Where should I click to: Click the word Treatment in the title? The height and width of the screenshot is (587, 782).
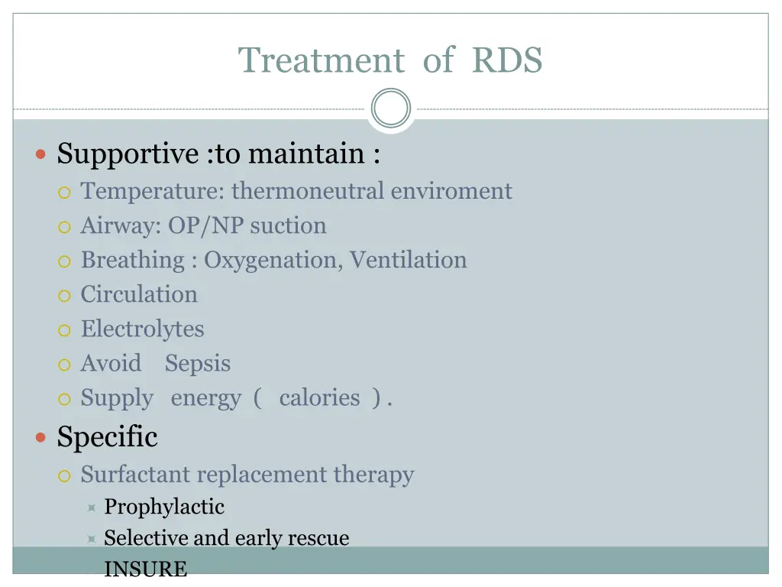pos(322,60)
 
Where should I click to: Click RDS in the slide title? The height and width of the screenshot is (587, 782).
pos(507,60)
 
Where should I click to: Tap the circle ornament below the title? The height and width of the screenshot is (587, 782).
pos(391,109)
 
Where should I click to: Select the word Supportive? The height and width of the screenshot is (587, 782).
pos(128,154)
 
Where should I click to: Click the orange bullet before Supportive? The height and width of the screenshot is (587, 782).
pos(41,154)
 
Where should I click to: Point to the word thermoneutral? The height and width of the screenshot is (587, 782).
pos(309,190)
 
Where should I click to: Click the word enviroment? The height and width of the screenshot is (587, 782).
pos(451,190)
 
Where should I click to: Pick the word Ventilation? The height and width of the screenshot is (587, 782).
pos(409,260)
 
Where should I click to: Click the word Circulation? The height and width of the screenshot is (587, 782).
pos(139,294)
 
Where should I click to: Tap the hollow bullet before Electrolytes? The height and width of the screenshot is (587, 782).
pos(65,330)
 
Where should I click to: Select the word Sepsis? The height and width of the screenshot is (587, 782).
pos(198,363)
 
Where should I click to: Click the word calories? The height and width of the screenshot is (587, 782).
pos(319,397)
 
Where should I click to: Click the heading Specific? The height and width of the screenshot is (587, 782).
pos(108,437)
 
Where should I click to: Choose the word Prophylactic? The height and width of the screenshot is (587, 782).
pos(164,506)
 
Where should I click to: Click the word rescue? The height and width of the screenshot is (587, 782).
pos(318,537)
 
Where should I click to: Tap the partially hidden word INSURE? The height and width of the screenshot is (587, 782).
pos(145,569)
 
